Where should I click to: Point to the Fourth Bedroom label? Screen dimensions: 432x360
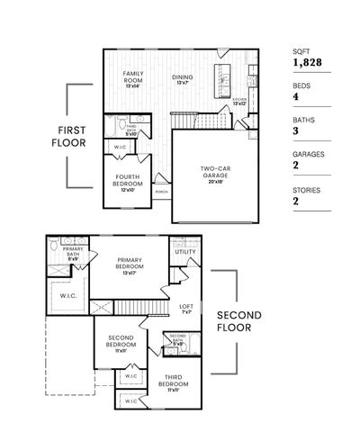point(128,184)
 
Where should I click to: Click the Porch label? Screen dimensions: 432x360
point(161,192)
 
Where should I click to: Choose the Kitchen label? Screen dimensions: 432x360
point(239,101)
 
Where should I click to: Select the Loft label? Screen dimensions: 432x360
point(186,307)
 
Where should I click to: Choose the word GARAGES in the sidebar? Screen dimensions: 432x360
point(308,153)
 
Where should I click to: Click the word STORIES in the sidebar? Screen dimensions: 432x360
point(306,191)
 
